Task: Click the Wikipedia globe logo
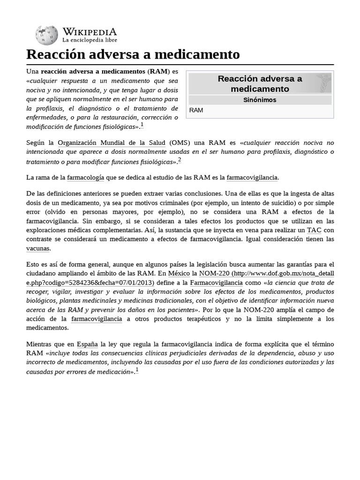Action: [47, 35]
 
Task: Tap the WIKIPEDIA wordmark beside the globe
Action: [90, 32]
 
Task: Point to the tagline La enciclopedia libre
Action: [90, 41]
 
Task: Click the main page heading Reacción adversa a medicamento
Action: [133, 54]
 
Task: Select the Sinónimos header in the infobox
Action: [260, 100]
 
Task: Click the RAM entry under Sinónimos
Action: [196, 111]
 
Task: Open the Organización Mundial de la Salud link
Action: [112, 142]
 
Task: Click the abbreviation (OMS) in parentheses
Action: [180, 142]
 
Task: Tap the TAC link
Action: [314, 230]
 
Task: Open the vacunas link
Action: [38, 248]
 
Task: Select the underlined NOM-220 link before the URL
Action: [214, 273]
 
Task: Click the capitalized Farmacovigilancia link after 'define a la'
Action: [217, 283]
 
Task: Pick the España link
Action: [87, 344]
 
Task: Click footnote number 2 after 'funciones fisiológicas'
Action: [179, 160]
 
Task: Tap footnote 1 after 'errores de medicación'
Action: [136, 370]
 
